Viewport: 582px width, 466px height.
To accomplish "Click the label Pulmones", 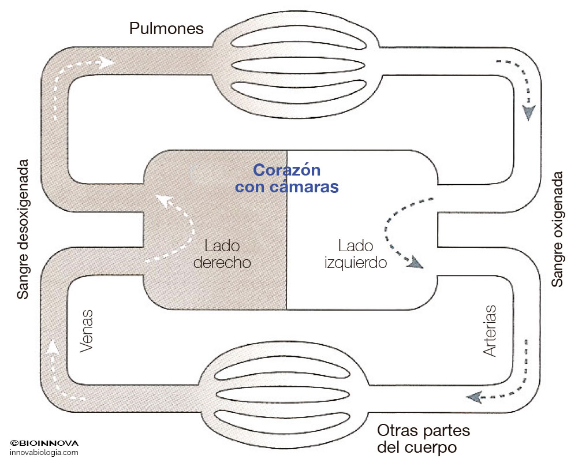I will [x=166, y=28].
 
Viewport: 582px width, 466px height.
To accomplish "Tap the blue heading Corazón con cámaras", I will [x=287, y=179].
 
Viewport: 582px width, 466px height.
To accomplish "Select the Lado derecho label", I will [x=222, y=254].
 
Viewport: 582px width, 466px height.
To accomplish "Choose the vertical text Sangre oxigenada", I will [x=557, y=229].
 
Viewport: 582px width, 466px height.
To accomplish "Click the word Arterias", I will [x=490, y=330].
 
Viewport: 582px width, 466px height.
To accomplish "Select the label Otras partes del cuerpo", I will [x=423, y=439].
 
